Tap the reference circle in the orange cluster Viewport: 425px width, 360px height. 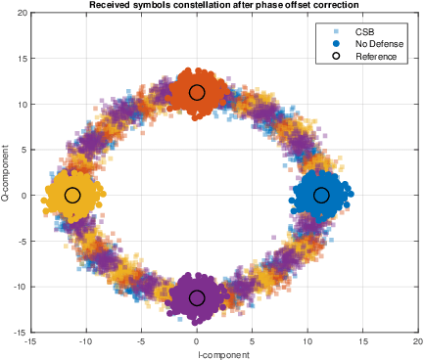197,93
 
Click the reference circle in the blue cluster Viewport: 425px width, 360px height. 321,196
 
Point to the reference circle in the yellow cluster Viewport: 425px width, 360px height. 72,196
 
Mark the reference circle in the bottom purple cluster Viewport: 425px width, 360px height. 197,298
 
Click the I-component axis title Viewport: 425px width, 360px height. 224,354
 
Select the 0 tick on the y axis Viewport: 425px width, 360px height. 24,196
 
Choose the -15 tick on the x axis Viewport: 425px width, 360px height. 31,342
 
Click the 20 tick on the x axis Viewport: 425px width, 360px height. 418,342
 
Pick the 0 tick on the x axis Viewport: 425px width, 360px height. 197,342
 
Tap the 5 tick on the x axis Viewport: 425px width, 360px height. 253,342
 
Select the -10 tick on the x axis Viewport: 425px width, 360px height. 86,342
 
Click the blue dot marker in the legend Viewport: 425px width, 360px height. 334,43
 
